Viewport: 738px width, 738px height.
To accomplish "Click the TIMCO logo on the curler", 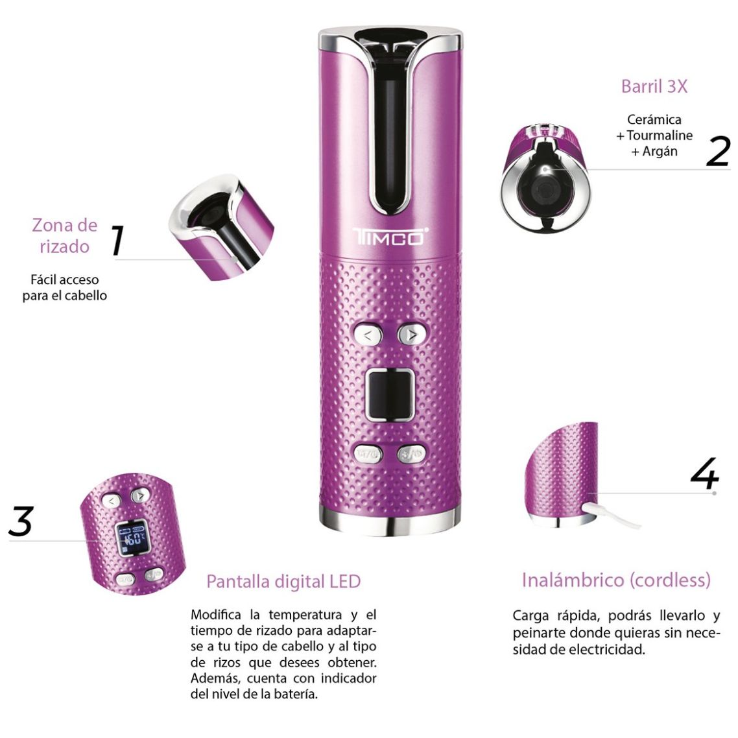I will pos(390,237).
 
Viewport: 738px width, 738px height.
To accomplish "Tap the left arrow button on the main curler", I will pos(368,335).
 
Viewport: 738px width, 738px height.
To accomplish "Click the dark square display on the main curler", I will pos(390,394).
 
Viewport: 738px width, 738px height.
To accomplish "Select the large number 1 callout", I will pos(117,240).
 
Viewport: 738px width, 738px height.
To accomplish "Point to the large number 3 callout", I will pos(21,521).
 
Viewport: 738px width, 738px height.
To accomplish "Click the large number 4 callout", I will pos(704,473).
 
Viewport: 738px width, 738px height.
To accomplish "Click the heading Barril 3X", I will pos(654,87).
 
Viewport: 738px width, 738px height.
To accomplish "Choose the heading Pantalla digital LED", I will pos(283,581).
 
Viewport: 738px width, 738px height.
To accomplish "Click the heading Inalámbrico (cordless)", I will pos(616,580).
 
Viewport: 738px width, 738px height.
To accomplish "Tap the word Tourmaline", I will pos(659,136).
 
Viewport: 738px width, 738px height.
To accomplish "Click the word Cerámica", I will pos(654,120).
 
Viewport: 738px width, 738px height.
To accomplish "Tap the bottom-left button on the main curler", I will pos(368,454).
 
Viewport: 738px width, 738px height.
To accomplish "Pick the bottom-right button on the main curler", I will pos(411,454).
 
